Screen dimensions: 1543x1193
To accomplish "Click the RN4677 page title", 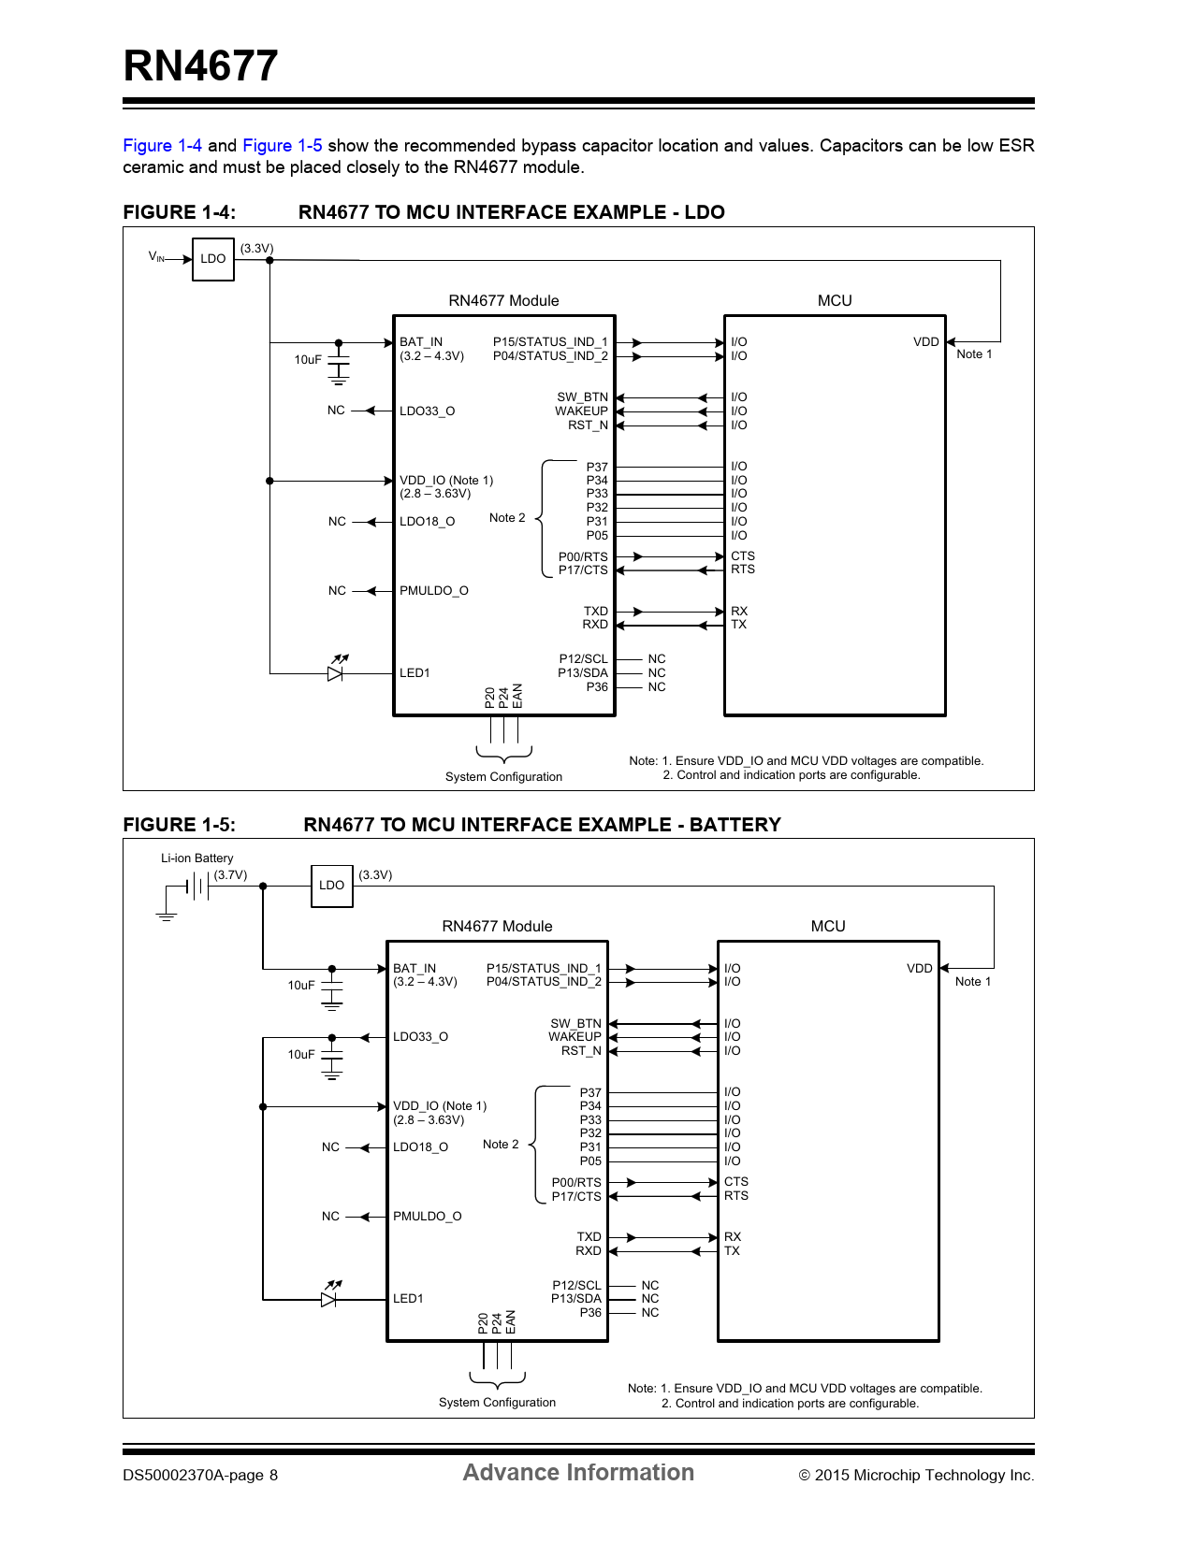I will tap(200, 66).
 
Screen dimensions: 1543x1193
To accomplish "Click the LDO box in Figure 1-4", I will tap(212, 259).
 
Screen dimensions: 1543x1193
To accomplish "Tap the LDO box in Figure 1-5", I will tap(331, 886).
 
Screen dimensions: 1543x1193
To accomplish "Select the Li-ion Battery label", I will tap(196, 858).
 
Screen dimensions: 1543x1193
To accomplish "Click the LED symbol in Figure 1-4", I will tap(336, 671).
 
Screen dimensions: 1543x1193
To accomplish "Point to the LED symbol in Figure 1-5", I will tap(329, 1297).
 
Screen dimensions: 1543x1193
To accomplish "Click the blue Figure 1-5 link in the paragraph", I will tap(282, 146).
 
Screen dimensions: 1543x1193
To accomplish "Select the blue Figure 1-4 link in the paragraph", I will tap(162, 146).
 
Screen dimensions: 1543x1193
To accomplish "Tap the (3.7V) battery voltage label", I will tap(230, 875).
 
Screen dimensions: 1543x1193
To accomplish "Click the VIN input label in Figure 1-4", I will tap(156, 256).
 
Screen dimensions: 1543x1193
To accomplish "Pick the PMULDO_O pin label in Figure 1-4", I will tap(433, 591).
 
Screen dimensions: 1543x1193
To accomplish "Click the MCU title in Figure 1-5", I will tap(827, 927).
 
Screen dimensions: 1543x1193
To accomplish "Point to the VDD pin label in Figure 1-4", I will tap(925, 342).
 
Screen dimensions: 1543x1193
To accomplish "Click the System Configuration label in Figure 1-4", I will tap(503, 777).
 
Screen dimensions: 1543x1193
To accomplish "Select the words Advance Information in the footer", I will tap(578, 1473).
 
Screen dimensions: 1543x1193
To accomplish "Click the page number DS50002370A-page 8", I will tap(200, 1476).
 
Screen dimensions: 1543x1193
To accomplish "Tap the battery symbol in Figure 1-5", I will tap(197, 886).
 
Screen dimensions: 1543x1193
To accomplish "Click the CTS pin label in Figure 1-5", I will tap(735, 1182).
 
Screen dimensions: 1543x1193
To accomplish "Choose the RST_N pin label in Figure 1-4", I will tap(588, 425).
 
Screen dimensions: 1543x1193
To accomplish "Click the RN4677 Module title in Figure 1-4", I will tap(503, 301).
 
